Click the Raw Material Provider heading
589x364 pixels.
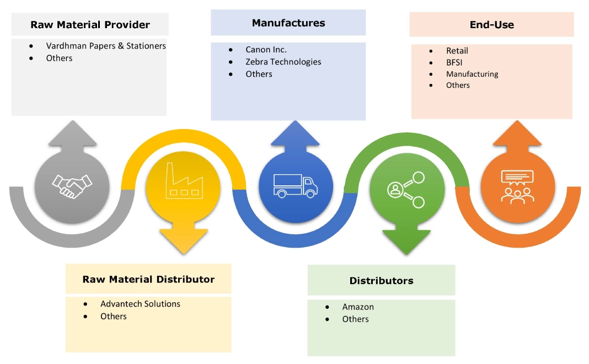pos(90,25)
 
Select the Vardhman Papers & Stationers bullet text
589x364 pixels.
pos(106,46)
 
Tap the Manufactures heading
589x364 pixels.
pos(288,23)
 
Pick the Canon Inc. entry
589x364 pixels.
pos(266,50)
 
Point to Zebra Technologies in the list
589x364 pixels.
pos(283,62)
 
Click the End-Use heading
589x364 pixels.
pos(491,25)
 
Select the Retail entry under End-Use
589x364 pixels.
pos(457,51)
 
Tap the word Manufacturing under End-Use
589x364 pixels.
pos(472,74)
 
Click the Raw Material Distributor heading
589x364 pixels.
pos(148,279)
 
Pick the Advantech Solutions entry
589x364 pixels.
pos(140,304)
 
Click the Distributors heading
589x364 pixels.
pos(381,281)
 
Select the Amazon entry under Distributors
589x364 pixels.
pos(358,307)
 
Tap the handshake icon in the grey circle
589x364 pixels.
pos(72,186)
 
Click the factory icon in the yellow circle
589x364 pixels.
pos(184,183)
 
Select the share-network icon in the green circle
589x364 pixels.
pos(406,190)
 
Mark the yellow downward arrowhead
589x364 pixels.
pos(184,240)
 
